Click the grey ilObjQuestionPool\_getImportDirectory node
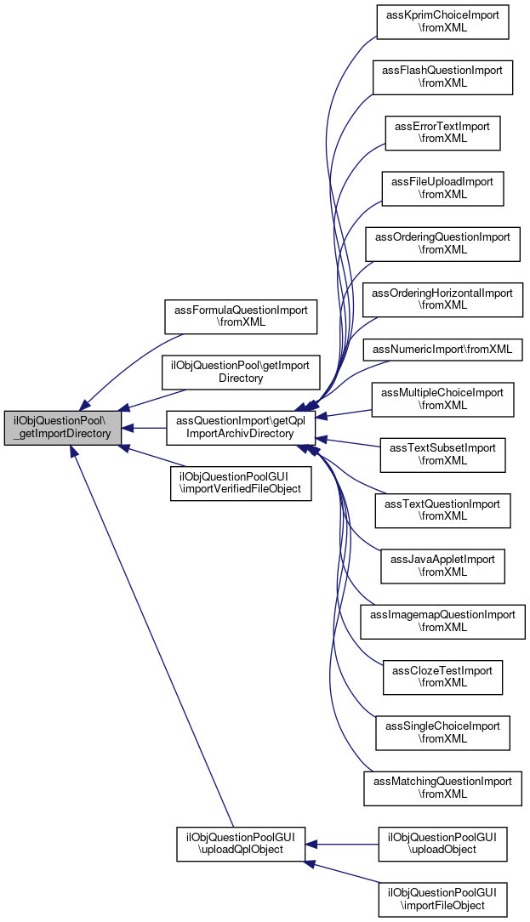click(63, 428)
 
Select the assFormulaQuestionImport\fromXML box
click(241, 316)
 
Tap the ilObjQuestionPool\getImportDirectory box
click(241, 372)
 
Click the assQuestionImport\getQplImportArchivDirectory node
click(241, 428)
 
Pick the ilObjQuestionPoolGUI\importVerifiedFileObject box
click(241, 483)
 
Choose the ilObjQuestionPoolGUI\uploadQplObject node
click(241, 845)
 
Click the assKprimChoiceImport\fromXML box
click(442, 22)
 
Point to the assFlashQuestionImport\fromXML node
click(442, 77)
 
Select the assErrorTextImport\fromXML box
click(442, 133)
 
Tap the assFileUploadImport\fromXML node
click(442, 189)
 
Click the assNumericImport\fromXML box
click(442, 350)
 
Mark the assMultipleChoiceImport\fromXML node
click(442, 400)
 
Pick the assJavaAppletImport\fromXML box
click(442, 566)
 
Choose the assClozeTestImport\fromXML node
click(442, 677)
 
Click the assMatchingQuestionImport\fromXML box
click(442, 788)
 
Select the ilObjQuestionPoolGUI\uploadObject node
click(442, 845)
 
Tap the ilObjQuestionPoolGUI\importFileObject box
click(442, 900)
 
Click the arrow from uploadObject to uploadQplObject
click(341, 845)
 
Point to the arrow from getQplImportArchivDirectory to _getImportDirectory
click(144, 428)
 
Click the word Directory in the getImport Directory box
click(241, 378)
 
